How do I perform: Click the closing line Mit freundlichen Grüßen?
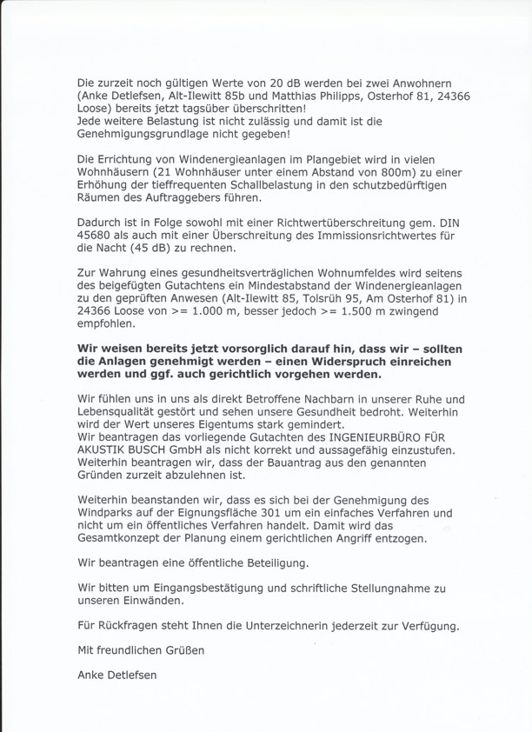coord(137,650)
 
